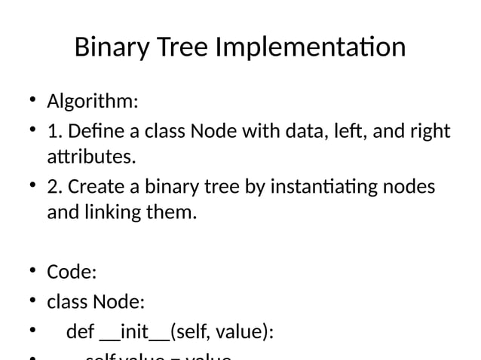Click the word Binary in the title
(x=113, y=48)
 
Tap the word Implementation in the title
(x=311, y=48)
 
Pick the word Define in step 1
(x=91, y=132)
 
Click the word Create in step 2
(x=94, y=186)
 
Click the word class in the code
(x=67, y=302)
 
